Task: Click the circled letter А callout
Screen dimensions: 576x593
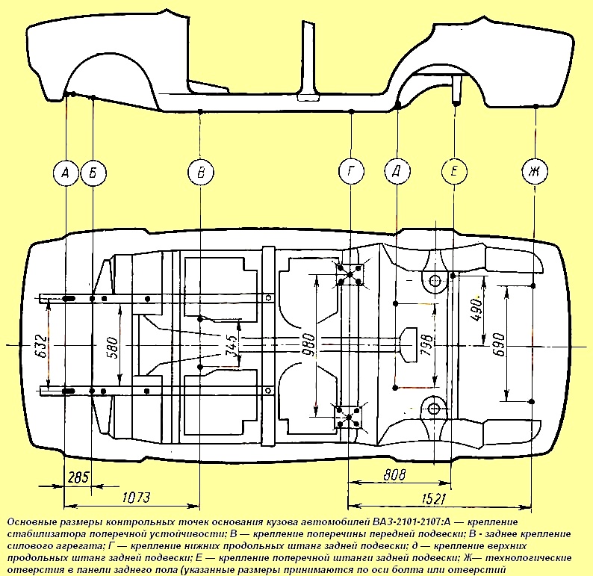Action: pos(66,173)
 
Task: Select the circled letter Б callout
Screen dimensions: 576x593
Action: pos(93,173)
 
